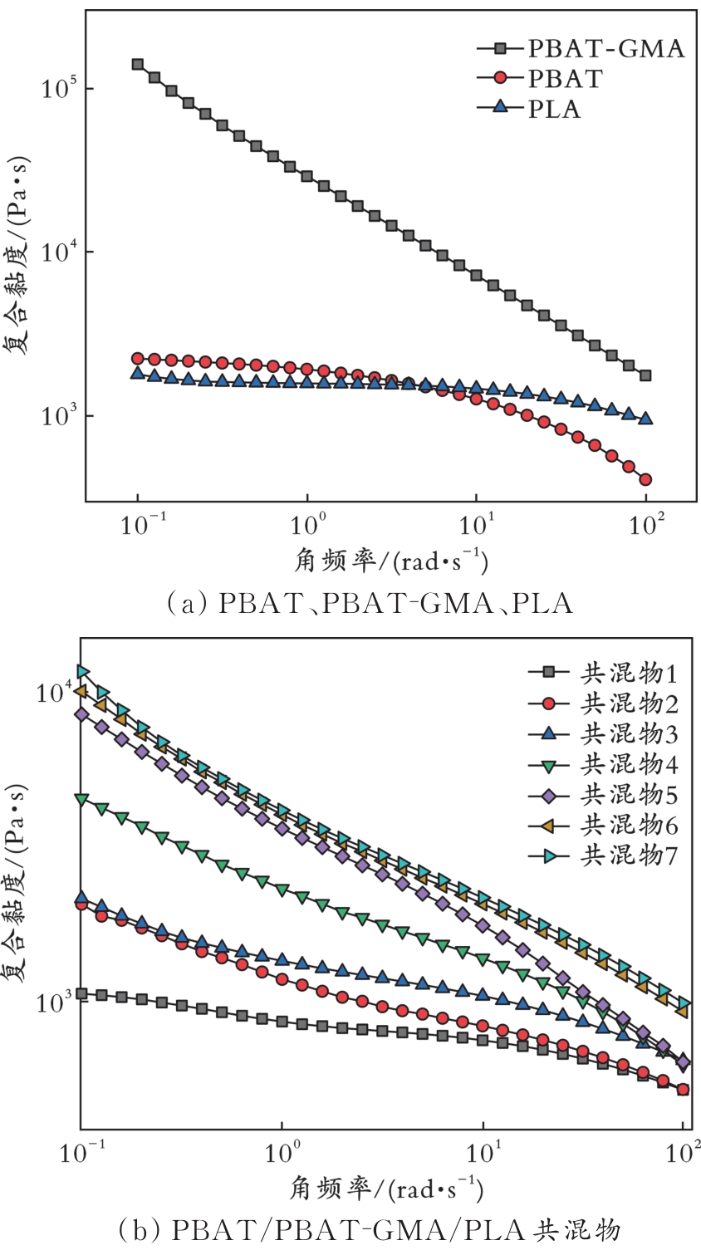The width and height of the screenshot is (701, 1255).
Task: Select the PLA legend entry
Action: click(x=554, y=109)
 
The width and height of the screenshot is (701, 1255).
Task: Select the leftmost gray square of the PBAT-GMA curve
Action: click(x=138, y=65)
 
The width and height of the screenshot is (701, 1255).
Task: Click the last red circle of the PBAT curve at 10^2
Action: click(x=645, y=479)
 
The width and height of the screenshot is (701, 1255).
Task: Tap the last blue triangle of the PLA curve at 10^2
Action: click(x=645, y=419)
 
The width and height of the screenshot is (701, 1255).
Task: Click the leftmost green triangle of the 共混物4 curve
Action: click(x=82, y=799)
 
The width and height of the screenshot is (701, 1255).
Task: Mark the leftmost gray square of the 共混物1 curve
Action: click(x=82, y=993)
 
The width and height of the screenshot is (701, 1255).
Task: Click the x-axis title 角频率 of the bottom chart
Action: click(x=386, y=1190)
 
